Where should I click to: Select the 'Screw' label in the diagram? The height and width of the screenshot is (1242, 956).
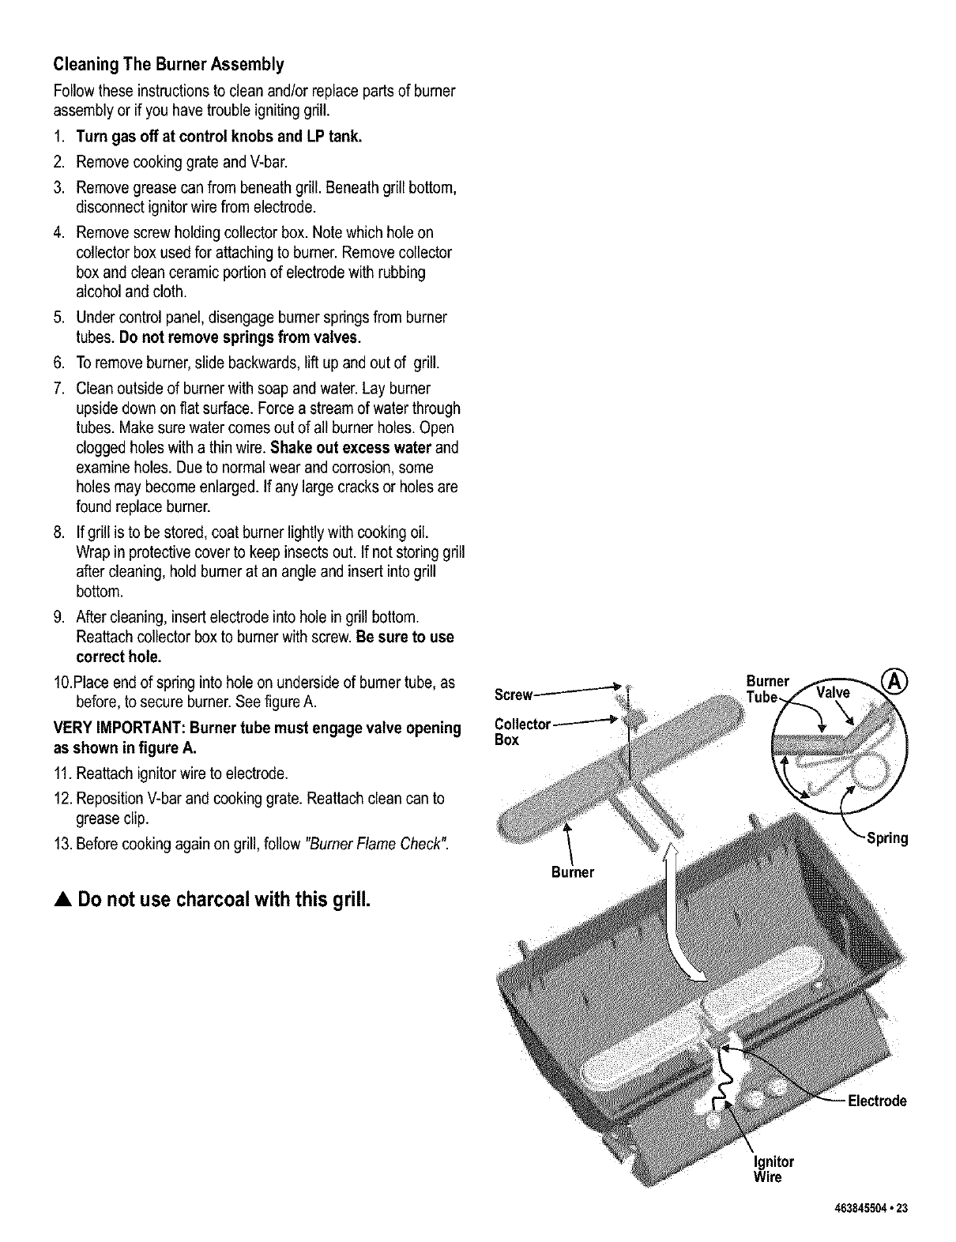pyautogui.click(x=514, y=695)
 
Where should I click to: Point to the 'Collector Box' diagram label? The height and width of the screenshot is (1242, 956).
pyautogui.click(x=521, y=732)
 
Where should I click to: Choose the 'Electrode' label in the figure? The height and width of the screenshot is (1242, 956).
pyautogui.click(x=876, y=1101)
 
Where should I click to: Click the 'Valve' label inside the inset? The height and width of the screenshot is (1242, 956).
pyautogui.click(x=833, y=693)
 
